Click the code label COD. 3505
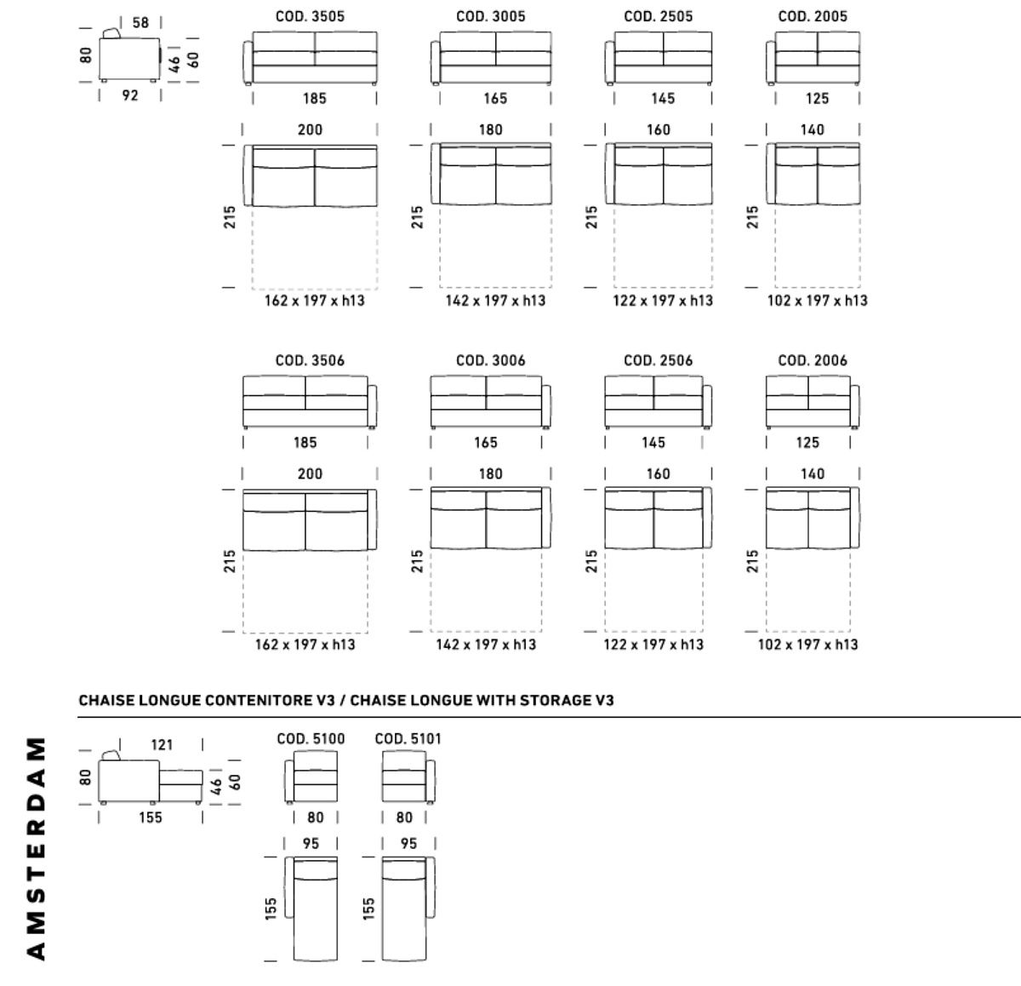pos(311,16)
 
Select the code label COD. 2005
pos(813,16)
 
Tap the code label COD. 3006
pos(491,360)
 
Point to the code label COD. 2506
pos(658,360)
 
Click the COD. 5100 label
pos(311,738)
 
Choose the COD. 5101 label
pos(408,738)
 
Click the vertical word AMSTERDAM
pos(36,847)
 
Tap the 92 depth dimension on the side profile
pos(129,95)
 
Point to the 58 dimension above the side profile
pos(140,23)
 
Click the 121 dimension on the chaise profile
pos(162,744)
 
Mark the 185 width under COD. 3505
pos(314,99)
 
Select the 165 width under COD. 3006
pos(486,443)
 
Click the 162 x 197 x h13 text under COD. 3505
pos(314,301)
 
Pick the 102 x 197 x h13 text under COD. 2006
pos(808,645)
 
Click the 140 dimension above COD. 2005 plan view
pos(813,129)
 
